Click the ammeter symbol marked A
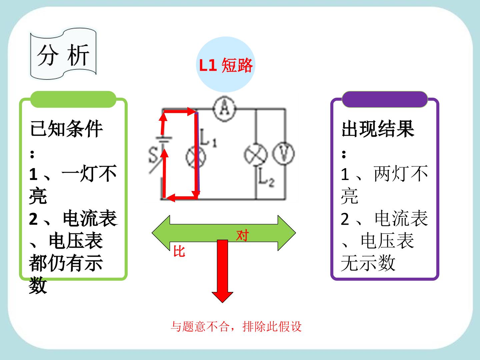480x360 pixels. pyautogui.click(x=225, y=109)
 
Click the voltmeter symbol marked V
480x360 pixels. pyautogui.click(x=283, y=153)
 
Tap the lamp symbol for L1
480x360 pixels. pyautogui.click(x=196, y=157)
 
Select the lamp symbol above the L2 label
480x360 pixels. pyautogui.click(x=256, y=155)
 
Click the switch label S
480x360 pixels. pyautogui.click(x=153, y=155)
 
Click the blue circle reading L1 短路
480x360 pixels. pyautogui.click(x=226, y=64)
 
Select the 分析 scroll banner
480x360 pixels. pyautogui.click(x=63, y=54)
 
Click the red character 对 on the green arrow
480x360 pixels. pyautogui.click(x=243, y=235)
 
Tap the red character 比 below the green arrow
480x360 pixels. pyautogui.click(x=179, y=251)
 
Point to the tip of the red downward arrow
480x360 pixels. pyautogui.click(x=222, y=303)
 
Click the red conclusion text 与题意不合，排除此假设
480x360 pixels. pyautogui.click(x=236, y=327)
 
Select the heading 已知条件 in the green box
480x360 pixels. pyautogui.click(x=66, y=129)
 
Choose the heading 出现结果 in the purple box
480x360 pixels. pyautogui.click(x=378, y=129)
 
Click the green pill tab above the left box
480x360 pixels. pyautogui.click(x=73, y=99)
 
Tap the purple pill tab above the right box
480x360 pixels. pyautogui.click(x=385, y=99)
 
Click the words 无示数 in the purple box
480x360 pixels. pyautogui.click(x=368, y=263)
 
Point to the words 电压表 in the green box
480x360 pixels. pyautogui.click(x=76, y=241)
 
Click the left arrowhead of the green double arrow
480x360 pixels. pyautogui.click(x=161, y=233)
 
